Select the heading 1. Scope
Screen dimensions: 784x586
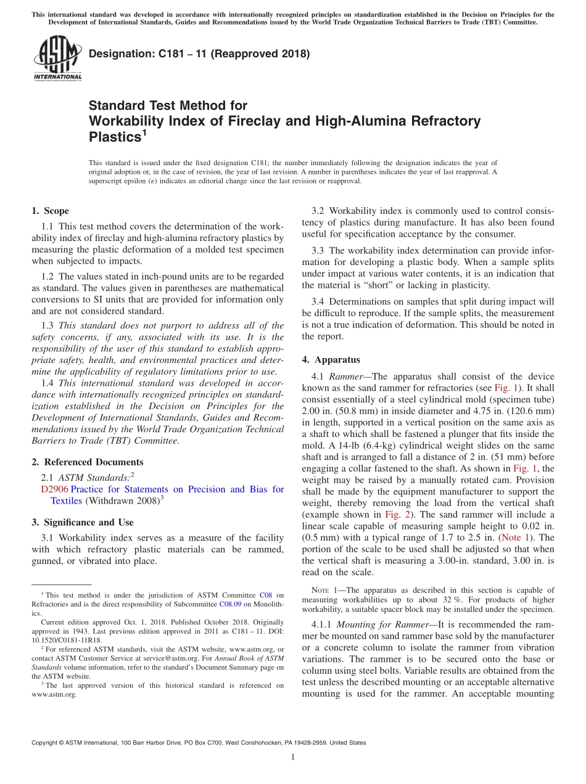coord(51,211)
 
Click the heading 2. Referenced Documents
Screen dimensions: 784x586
coord(88,462)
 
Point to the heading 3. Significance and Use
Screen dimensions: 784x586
coord(83,522)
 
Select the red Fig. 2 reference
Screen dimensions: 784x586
coord(395,514)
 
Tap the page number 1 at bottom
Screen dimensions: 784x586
coord(293,757)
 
